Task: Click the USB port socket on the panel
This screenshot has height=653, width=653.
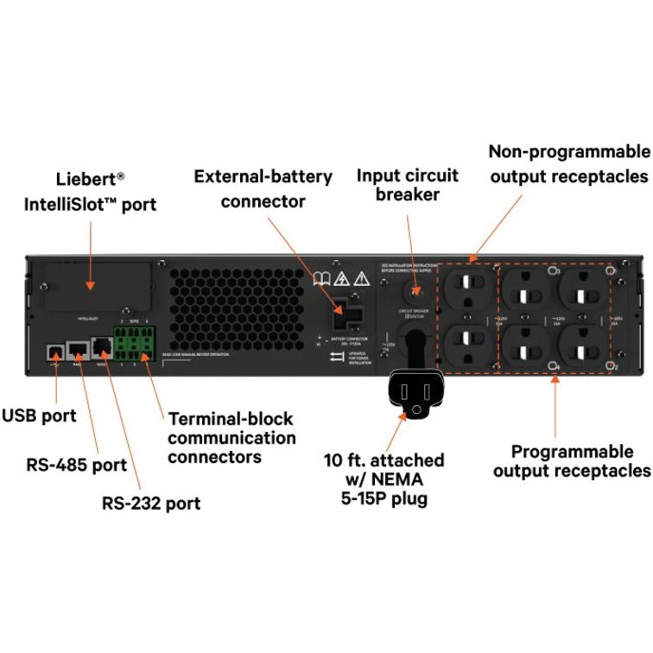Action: pyautogui.click(x=54, y=351)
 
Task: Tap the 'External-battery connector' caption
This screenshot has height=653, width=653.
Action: pyautogui.click(x=263, y=188)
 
